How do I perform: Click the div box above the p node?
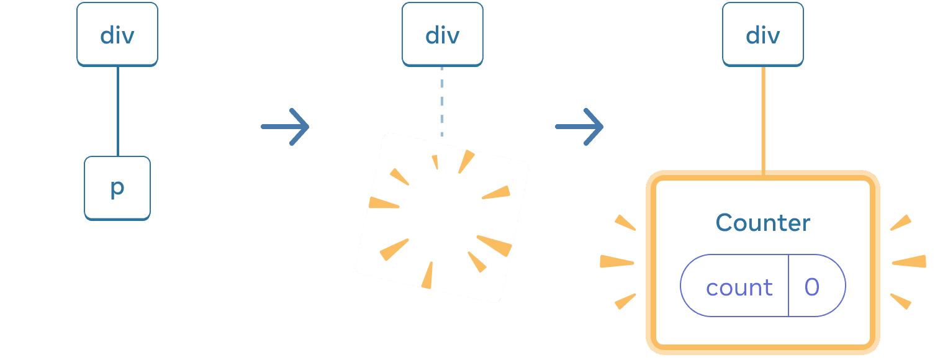pyautogui.click(x=117, y=35)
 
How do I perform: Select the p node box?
pyautogui.click(x=117, y=187)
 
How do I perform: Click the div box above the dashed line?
pyautogui.click(x=442, y=35)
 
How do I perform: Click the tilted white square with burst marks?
pyautogui.click(x=442, y=217)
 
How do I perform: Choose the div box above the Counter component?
pyautogui.click(x=762, y=35)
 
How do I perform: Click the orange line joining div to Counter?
pyautogui.click(x=763, y=118)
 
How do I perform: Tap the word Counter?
pyautogui.click(x=763, y=223)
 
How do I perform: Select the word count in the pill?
pyautogui.click(x=739, y=287)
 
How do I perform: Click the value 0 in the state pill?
pyautogui.click(x=812, y=287)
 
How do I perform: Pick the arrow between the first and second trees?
pyautogui.click(x=285, y=127)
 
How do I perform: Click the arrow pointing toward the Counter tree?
pyautogui.click(x=579, y=127)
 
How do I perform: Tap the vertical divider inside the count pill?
pyautogui.click(x=788, y=286)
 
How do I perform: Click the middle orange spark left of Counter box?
pyautogui.click(x=617, y=262)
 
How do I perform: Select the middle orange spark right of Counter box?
pyautogui.click(x=909, y=262)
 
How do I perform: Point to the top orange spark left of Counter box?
pyautogui.click(x=625, y=223)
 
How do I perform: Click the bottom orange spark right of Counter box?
pyautogui.click(x=901, y=301)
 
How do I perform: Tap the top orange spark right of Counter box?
pyautogui.click(x=901, y=223)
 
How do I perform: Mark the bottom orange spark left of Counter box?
pyautogui.click(x=625, y=301)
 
